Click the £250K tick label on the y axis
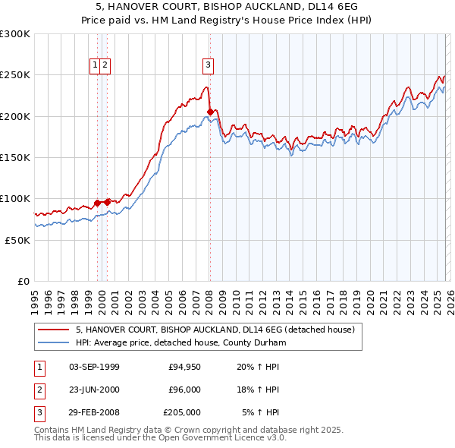[x=15, y=75]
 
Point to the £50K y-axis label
[x=17, y=240]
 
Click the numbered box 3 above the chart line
[x=208, y=65]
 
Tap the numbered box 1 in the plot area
[x=96, y=65]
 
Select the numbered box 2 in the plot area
[x=105, y=65]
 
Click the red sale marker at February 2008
[x=210, y=112]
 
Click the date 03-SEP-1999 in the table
[x=94, y=367]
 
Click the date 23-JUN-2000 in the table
[x=94, y=390]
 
